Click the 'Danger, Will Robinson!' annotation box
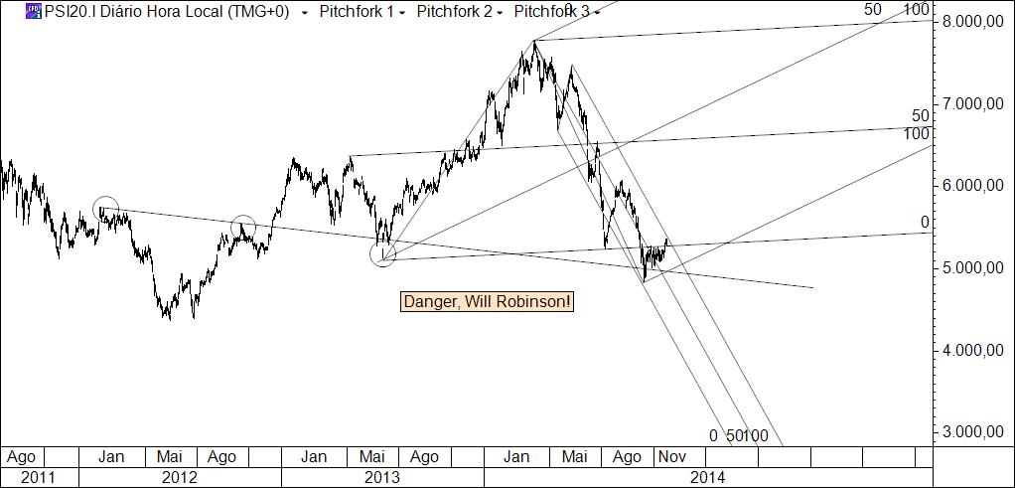[x=488, y=301]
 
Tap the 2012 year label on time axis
[x=179, y=477]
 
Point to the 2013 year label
[x=381, y=477]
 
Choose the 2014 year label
[x=706, y=477]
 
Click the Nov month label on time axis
[x=670, y=457]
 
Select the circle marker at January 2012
[x=106, y=209]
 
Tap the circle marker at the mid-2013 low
[x=382, y=253]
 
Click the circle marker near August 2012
[x=243, y=227]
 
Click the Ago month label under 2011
[x=21, y=457]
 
